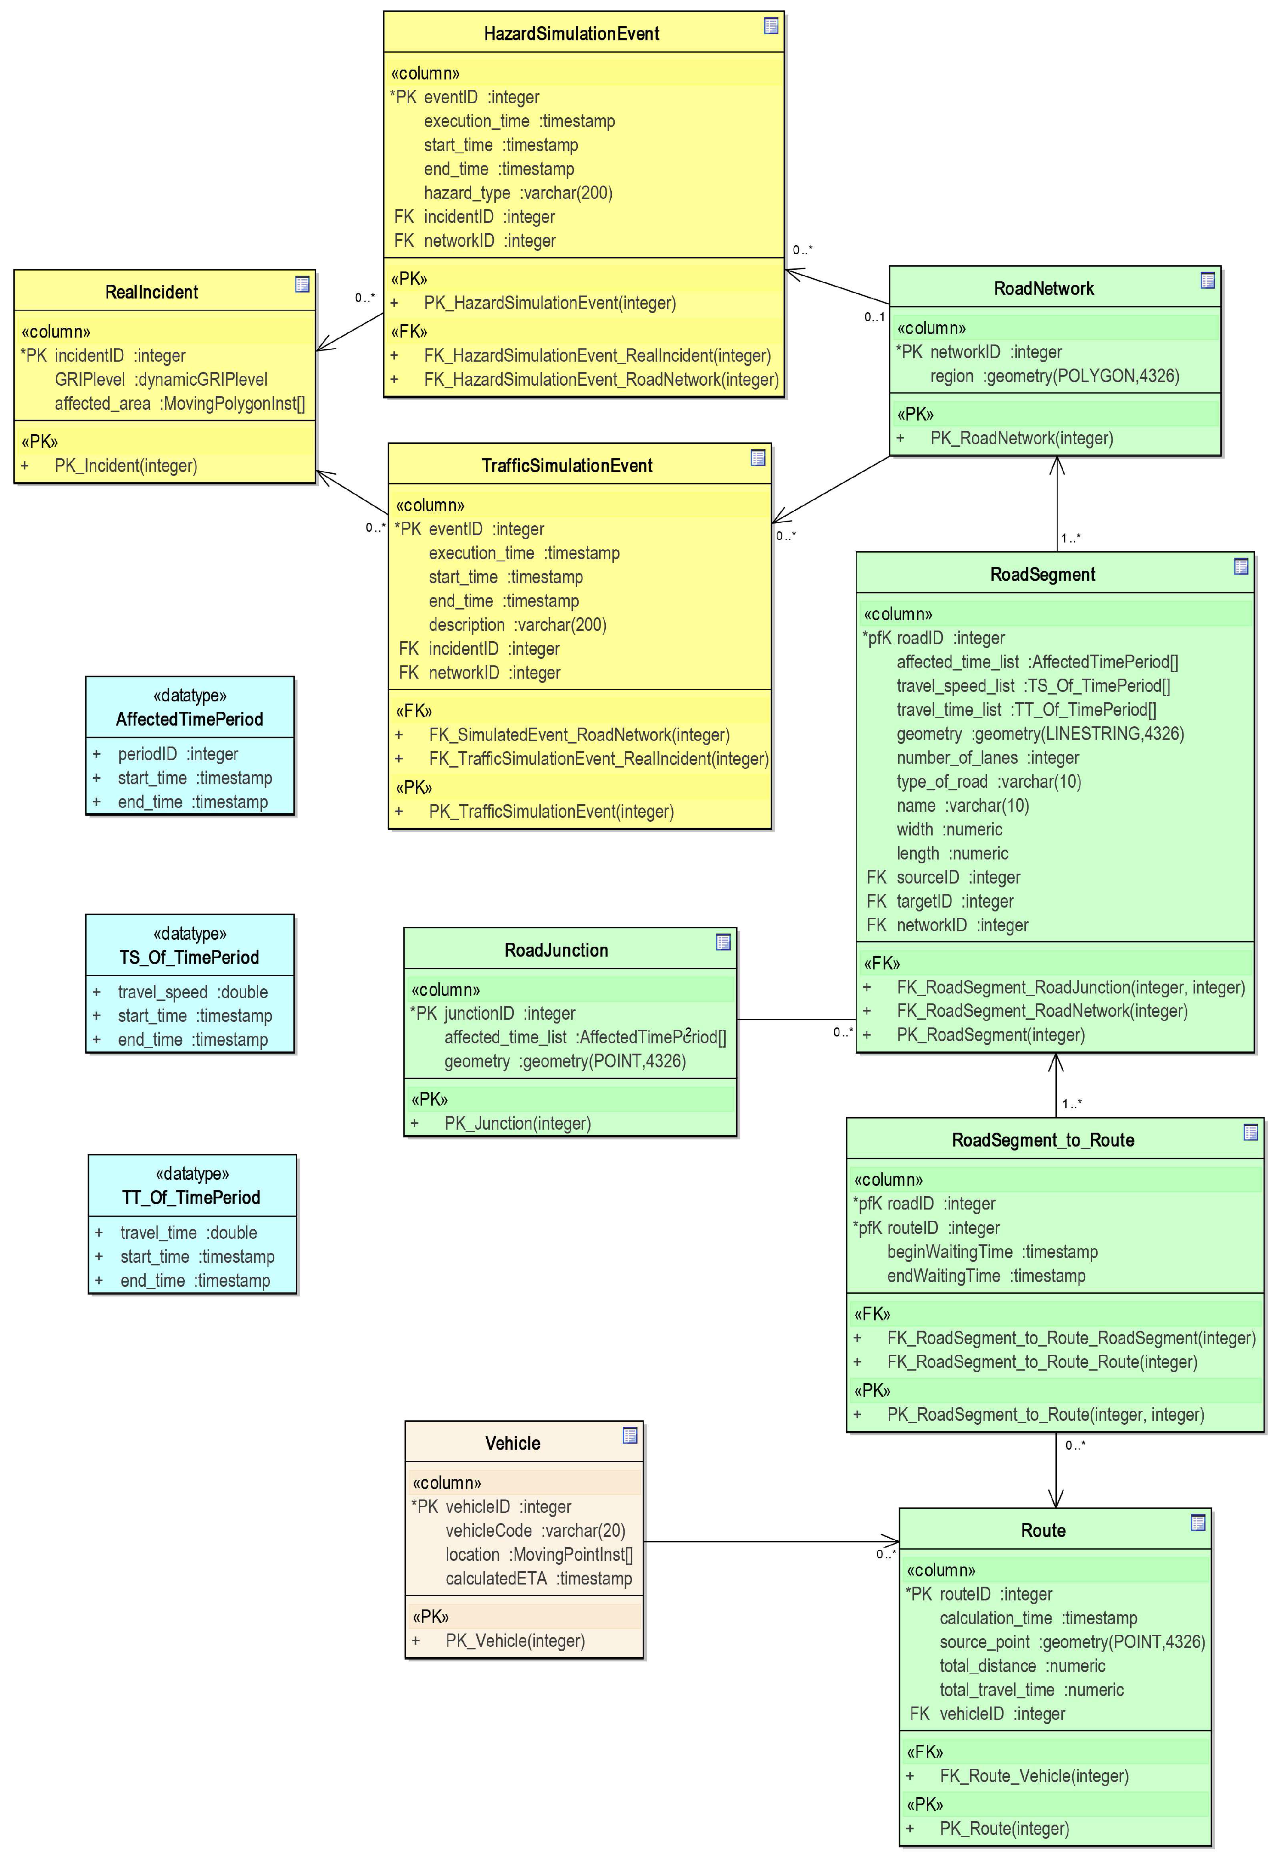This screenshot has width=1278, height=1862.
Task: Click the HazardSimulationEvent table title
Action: (571, 34)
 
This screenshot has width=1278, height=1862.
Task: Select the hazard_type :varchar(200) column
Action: (518, 193)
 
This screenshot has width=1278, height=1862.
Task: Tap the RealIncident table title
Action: (152, 293)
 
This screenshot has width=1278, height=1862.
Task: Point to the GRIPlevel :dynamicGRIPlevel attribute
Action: (161, 380)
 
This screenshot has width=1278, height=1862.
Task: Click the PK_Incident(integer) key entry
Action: (126, 466)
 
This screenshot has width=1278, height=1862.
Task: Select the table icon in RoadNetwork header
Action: (1207, 280)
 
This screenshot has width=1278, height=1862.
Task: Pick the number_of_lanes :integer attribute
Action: (987, 758)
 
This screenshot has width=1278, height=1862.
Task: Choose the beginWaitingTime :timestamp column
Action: (992, 1252)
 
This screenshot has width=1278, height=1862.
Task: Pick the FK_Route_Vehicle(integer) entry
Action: (1034, 1776)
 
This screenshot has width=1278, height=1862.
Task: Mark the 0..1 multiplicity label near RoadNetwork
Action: (874, 317)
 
